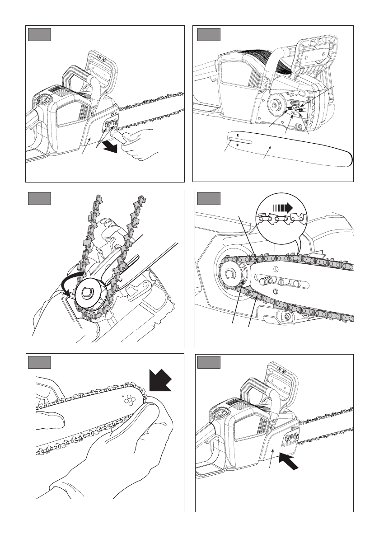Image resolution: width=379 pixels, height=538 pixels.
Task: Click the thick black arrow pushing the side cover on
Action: (x=288, y=462)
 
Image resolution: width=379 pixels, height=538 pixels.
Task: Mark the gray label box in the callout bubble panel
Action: (x=209, y=199)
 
